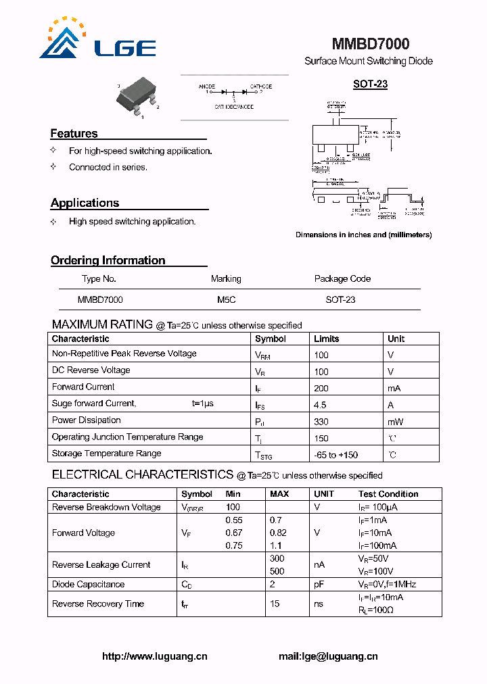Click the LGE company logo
98,41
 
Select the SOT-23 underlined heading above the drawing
370,84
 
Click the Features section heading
74,134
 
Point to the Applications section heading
85,203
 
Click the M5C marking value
226,299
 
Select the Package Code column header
342,278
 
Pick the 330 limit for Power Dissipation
321,421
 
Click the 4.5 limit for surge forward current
320,404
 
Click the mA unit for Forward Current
394,388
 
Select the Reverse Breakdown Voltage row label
106,507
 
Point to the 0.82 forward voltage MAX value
278,533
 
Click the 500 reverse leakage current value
277,571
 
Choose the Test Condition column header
388,494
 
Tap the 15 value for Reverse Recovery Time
275,604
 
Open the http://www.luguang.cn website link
154,656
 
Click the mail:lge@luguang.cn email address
328,656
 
